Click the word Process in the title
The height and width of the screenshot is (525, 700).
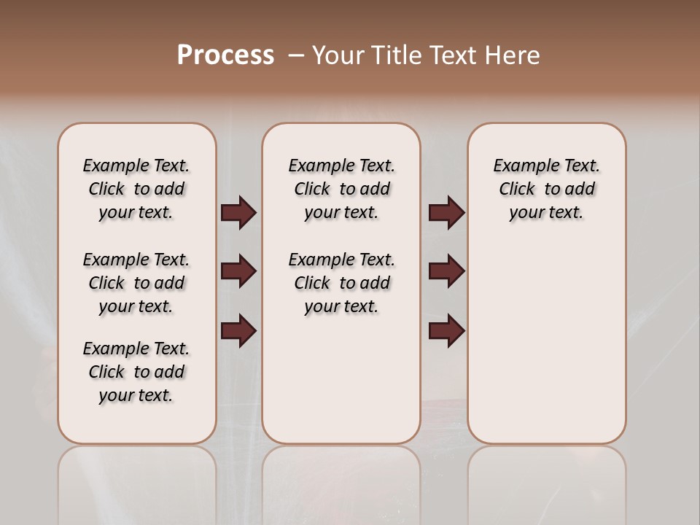pos(225,55)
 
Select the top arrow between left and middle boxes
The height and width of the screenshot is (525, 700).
pos(238,213)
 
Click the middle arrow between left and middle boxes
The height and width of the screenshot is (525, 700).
pos(238,272)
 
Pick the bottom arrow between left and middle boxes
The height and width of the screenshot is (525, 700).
pos(238,330)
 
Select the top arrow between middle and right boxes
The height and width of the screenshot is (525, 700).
pos(446,213)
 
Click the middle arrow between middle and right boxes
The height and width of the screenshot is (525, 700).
pos(446,272)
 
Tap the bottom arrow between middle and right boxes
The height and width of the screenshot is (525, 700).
pos(446,330)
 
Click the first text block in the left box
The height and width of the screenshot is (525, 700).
pos(136,189)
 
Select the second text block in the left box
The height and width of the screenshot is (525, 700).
pos(136,283)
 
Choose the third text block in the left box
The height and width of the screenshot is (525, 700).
pos(136,372)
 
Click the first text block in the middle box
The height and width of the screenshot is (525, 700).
pos(341,189)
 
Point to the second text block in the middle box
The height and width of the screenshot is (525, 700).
pos(341,283)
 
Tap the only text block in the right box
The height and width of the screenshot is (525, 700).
pos(546,189)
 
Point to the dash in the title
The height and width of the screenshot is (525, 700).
pos(295,55)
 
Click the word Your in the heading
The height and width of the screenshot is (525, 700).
pos(340,55)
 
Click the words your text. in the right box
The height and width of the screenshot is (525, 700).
pos(546,213)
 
